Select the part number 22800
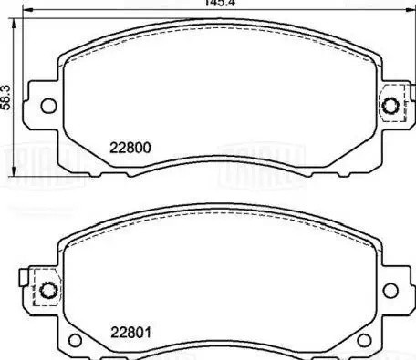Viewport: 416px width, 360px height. pos(130,148)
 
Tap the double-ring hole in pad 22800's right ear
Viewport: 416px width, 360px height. pos(392,106)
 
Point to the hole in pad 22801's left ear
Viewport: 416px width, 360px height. pos(48,292)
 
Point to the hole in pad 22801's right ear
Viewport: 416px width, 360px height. pos(391,291)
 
